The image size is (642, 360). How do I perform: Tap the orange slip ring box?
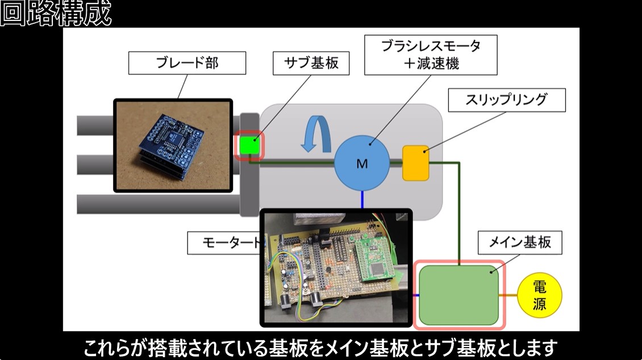(x=415, y=163)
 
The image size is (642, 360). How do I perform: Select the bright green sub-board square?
(x=249, y=145)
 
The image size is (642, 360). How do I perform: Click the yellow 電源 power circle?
(x=539, y=296)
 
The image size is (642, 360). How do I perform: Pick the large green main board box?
(x=459, y=295)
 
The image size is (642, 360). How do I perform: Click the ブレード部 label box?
(x=187, y=63)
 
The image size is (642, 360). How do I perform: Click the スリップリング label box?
(x=507, y=100)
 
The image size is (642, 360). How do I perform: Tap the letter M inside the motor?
(x=362, y=164)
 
